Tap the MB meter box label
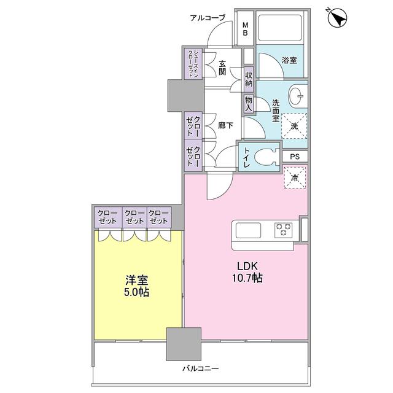(x=244, y=29)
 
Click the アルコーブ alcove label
(x=209, y=18)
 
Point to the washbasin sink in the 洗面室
(x=297, y=96)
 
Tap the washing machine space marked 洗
(x=294, y=126)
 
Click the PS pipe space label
(x=294, y=156)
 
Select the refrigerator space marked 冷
(x=294, y=178)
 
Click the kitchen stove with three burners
(x=284, y=230)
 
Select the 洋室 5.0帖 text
(x=136, y=285)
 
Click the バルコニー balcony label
(x=200, y=368)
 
